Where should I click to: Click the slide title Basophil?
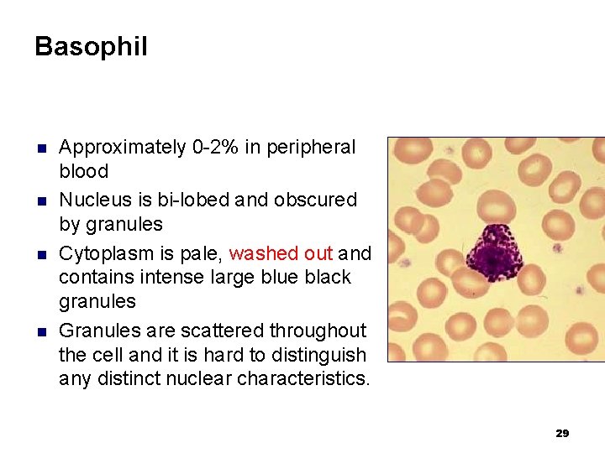coord(91,46)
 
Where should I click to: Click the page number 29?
coord(562,433)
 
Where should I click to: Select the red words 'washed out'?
coord(281,253)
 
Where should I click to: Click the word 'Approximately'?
coord(123,148)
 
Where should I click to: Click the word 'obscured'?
coord(314,200)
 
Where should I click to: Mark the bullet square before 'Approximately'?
coord(39,148)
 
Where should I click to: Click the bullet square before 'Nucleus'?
coord(39,200)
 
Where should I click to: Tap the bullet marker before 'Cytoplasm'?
coord(39,253)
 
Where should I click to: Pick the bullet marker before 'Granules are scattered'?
coord(39,331)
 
